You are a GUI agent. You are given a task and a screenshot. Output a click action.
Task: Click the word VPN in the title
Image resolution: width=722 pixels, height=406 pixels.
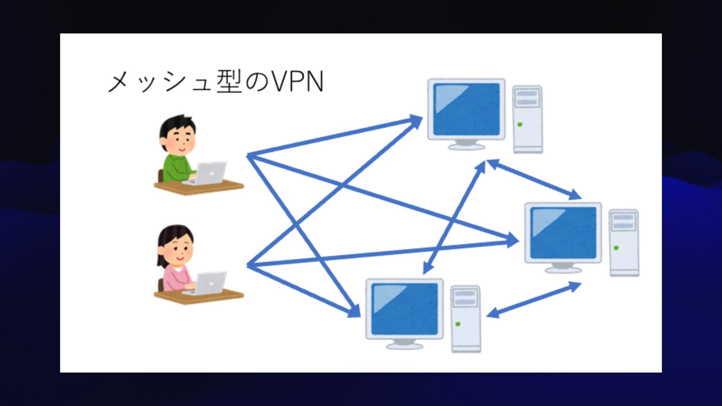click(x=297, y=82)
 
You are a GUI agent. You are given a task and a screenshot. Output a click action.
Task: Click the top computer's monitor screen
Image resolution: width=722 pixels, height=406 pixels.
click(x=466, y=109)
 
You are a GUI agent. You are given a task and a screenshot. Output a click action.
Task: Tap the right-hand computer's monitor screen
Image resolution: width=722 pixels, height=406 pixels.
click(x=563, y=233)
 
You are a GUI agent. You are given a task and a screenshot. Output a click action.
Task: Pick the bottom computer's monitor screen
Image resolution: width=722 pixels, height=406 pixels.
click(x=404, y=309)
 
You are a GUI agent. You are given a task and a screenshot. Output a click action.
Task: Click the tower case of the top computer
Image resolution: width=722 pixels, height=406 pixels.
click(x=528, y=120)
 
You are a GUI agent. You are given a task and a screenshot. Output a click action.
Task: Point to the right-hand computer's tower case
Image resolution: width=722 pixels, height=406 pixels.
click(x=624, y=243)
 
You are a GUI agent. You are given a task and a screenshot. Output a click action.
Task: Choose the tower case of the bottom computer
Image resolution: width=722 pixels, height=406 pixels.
click(x=466, y=319)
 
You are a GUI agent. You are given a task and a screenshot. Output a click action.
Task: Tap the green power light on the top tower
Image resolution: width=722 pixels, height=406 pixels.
click(x=520, y=124)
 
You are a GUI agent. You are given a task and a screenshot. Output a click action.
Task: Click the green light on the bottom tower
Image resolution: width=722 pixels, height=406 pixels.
click(x=458, y=324)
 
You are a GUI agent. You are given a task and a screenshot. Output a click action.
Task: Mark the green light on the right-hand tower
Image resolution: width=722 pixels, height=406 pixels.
click(x=616, y=248)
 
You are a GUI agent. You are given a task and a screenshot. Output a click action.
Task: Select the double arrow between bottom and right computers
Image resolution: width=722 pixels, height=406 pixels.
click(x=534, y=300)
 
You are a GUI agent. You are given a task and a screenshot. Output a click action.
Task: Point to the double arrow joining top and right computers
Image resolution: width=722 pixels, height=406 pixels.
click(x=534, y=179)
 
